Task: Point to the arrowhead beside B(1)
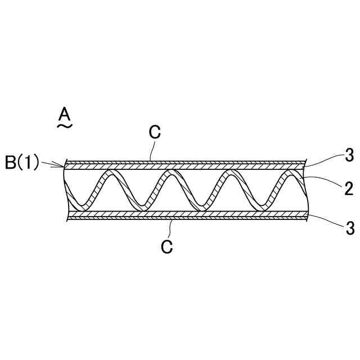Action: [62, 165]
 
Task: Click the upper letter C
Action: [155, 132]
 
